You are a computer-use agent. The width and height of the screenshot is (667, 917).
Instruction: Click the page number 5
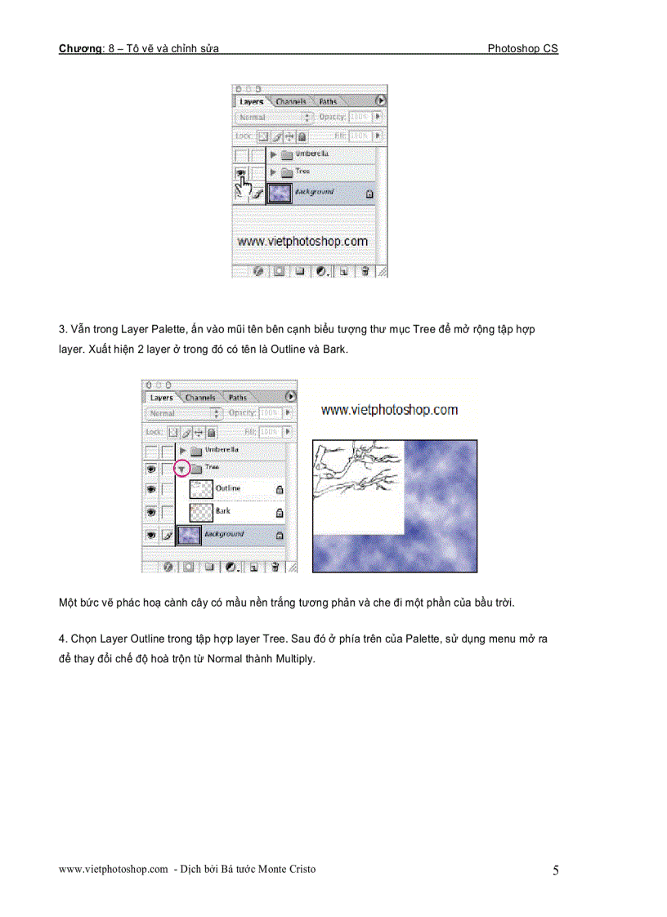pos(556,870)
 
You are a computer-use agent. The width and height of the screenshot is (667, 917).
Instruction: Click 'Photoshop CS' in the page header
pos(522,49)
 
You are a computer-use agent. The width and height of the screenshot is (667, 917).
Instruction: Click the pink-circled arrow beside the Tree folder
pos(182,469)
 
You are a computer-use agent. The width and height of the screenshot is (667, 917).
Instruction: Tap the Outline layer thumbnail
pos(201,489)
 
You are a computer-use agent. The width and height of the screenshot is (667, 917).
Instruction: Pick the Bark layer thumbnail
pos(201,512)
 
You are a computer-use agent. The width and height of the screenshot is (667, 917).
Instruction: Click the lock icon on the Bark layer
pos(280,513)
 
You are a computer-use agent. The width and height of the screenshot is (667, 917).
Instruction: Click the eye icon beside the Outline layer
pos(151,489)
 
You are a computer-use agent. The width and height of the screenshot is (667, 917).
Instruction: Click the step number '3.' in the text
pos(63,330)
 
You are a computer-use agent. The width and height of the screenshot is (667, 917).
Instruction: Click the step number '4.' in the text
pos(63,639)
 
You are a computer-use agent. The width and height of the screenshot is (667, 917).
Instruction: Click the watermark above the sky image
pos(389,410)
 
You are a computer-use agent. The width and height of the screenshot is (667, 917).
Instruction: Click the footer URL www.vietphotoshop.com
pos(113,870)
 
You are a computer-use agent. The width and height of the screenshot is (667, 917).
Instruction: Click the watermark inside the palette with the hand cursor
pos(302,242)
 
